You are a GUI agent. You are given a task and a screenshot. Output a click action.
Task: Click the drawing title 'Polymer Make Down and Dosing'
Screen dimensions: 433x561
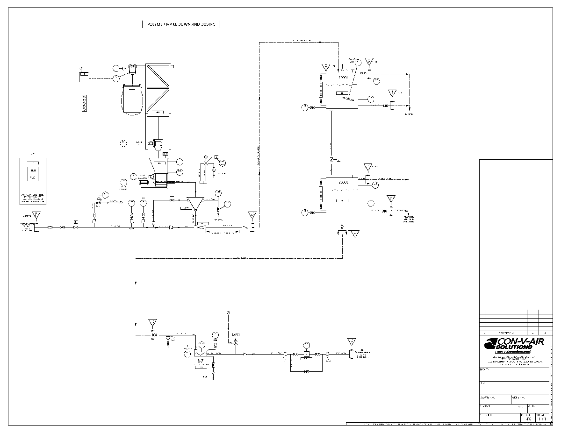pos(181,24)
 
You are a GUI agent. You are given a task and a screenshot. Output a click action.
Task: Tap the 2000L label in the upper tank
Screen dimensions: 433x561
pos(343,77)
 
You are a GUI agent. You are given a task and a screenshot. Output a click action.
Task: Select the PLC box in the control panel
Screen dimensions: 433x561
pos(33,178)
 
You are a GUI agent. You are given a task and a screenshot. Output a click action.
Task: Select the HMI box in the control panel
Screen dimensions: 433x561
pos(33,170)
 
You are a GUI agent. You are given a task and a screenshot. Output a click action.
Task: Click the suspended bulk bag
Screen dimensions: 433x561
pos(132,99)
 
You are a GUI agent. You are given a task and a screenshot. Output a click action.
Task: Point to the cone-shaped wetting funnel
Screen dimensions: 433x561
pos(194,203)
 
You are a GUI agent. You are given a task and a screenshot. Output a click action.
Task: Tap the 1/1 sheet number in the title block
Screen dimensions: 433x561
pos(542,419)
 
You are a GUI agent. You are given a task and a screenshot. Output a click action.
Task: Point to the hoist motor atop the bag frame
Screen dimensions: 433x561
pos(133,69)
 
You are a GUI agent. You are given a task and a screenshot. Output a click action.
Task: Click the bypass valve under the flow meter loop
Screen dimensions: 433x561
pos(307,371)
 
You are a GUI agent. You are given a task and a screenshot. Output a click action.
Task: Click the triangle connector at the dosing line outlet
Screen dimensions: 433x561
pos(351,342)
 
